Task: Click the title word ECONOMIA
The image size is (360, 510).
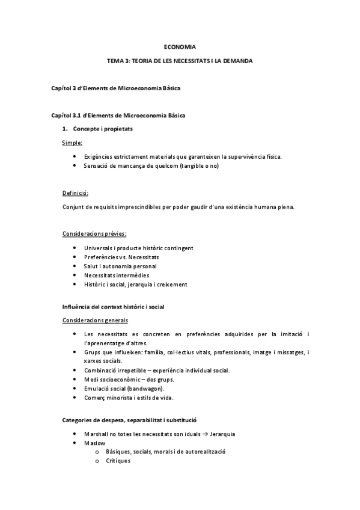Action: (180, 46)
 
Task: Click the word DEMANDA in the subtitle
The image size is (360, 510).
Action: (236, 61)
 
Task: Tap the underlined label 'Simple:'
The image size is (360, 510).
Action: (73, 143)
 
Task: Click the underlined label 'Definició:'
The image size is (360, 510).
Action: (75, 193)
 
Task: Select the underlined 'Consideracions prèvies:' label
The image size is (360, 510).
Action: (94, 233)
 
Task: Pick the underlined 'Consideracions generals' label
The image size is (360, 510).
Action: (94, 320)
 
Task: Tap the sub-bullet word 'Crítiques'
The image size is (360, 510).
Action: (118, 461)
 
